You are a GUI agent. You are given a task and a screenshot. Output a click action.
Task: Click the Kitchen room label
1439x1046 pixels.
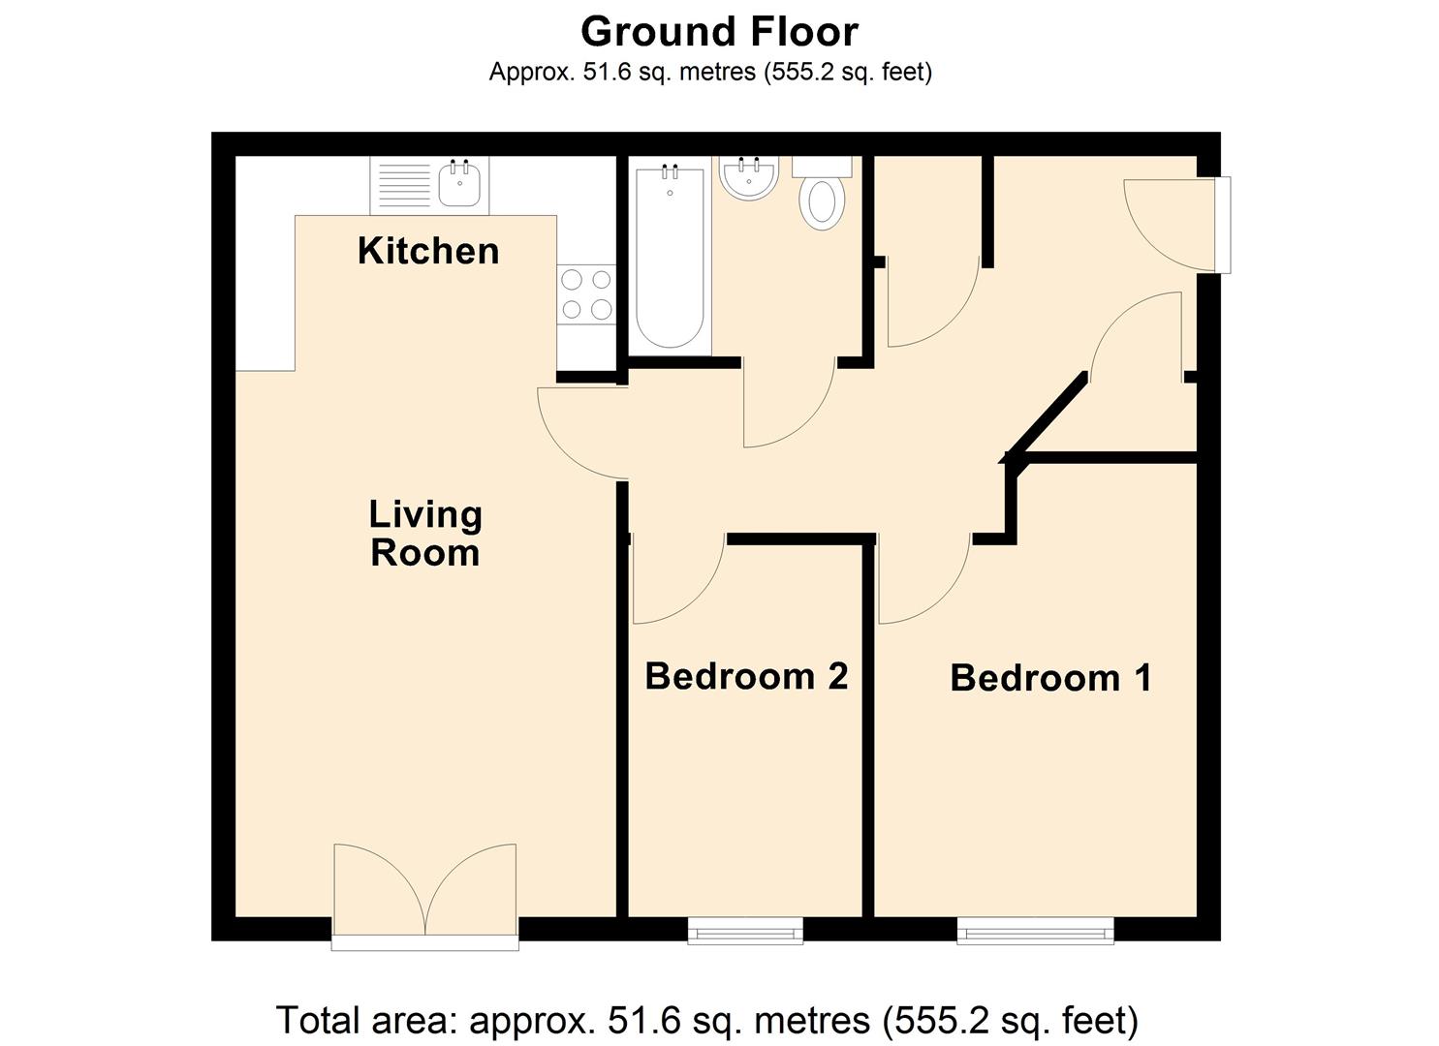428,251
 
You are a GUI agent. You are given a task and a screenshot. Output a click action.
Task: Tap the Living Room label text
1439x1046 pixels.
425,534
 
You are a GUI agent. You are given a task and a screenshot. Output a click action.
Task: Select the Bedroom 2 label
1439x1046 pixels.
746,676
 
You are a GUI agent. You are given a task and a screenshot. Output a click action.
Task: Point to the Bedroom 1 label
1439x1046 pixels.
1051,678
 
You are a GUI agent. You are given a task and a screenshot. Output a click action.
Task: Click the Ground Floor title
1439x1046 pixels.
719,32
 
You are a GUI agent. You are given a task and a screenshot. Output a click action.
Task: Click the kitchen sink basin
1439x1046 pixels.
459,184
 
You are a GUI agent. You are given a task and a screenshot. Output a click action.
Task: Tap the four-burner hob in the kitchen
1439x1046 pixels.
586,294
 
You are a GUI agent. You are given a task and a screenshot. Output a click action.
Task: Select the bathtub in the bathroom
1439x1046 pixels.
670,257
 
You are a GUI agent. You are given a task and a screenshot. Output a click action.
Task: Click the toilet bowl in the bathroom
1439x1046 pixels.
822,201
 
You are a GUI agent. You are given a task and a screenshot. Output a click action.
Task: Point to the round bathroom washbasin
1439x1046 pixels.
748,179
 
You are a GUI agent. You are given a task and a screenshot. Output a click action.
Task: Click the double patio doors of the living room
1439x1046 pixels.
424,891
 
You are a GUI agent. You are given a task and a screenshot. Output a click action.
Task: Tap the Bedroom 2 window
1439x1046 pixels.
745,932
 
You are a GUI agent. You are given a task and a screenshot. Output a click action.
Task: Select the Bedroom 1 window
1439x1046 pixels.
1035,932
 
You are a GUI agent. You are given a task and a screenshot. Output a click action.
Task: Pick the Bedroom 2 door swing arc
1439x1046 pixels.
678,581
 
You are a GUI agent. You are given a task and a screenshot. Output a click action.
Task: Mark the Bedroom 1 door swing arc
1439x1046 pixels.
925,581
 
